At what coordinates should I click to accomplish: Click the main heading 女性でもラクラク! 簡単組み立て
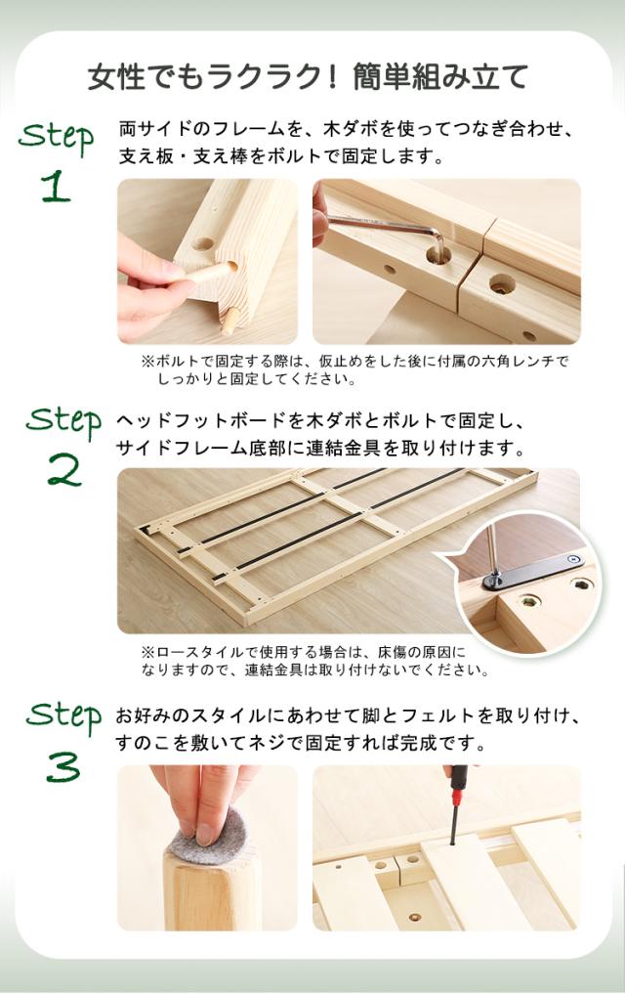tap(308, 77)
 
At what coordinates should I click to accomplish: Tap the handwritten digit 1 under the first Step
tap(56, 187)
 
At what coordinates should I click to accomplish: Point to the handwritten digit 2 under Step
tap(64, 470)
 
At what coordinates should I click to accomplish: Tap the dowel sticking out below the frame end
tap(229, 321)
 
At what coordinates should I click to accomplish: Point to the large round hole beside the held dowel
tap(203, 244)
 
